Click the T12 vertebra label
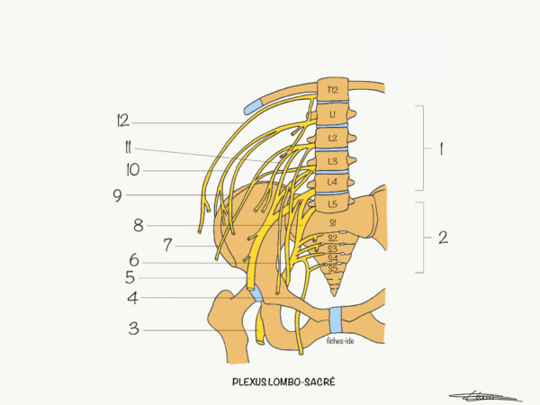point(332,90)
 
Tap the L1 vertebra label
point(332,114)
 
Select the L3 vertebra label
point(332,161)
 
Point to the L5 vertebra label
point(332,204)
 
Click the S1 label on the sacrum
point(333,223)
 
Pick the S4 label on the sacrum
point(333,258)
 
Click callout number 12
point(123,121)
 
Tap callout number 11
point(128,148)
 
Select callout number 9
point(117,195)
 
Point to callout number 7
point(167,245)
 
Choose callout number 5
point(130,277)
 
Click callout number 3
point(134,328)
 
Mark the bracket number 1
point(441,149)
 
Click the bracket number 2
point(443,238)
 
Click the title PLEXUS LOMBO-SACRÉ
point(283,382)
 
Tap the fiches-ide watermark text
point(340,341)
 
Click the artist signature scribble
point(485,397)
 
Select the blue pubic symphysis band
point(336,319)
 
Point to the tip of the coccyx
point(334,295)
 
